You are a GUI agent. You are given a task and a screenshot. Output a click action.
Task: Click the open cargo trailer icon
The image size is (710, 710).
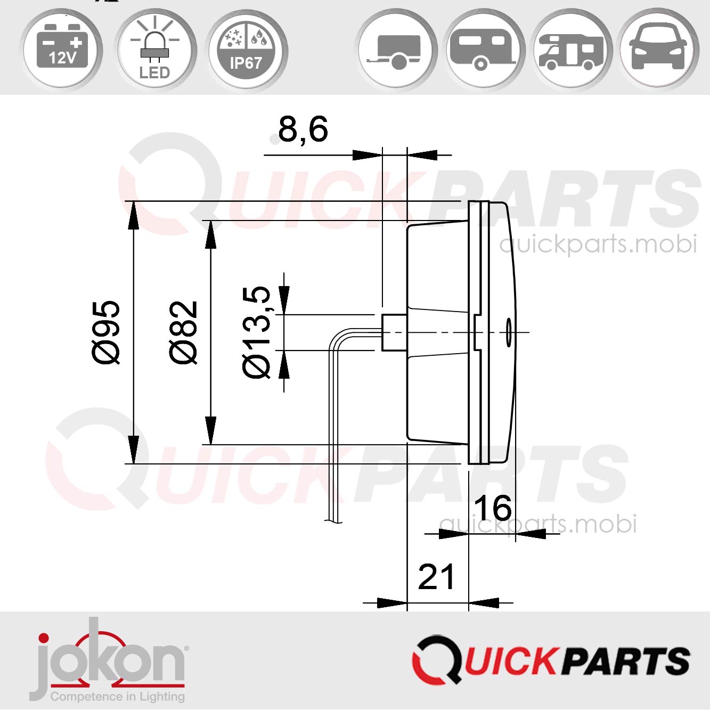click(x=397, y=51)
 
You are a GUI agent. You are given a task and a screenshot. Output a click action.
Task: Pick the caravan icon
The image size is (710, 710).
click(x=483, y=51)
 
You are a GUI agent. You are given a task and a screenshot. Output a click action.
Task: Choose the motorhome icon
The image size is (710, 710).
click(x=572, y=51)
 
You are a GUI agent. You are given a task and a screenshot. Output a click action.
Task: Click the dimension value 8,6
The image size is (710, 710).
click(x=303, y=129)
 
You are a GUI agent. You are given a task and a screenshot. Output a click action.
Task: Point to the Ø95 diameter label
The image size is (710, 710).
click(x=107, y=332)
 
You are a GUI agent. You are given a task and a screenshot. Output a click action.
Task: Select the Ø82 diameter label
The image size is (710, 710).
click(x=184, y=332)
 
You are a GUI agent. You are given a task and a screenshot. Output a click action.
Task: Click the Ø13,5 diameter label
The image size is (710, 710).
click(x=257, y=332)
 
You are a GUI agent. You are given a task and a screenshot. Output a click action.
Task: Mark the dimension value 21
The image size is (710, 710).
click(x=436, y=577)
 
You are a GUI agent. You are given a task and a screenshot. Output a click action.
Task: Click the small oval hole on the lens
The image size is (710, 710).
click(x=509, y=332)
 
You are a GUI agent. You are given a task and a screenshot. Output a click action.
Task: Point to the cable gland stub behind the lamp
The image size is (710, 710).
click(x=394, y=332)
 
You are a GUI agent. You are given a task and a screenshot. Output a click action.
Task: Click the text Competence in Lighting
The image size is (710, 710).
click(x=118, y=697)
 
